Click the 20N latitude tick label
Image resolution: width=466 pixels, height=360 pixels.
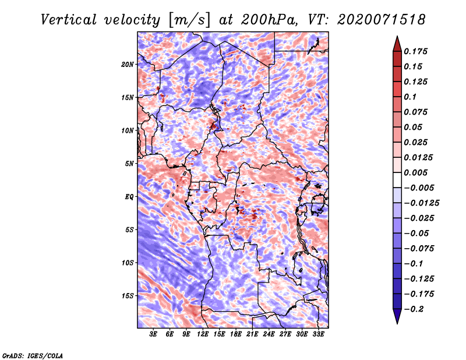[x=128, y=65]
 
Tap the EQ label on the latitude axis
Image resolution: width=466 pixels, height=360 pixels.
[x=129, y=197]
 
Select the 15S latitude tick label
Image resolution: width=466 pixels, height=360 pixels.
[x=128, y=296]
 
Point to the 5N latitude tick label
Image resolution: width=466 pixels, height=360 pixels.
[x=129, y=164]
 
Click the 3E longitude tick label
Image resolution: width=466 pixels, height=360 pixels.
[x=153, y=334]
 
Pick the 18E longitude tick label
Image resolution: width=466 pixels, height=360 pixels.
[x=236, y=334]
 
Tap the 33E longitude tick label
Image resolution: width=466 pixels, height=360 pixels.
[x=318, y=334]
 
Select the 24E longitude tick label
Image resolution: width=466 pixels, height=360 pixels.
[x=269, y=334]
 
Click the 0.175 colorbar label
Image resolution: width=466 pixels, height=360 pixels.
[x=416, y=51]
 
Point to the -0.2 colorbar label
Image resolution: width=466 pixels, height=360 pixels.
[x=414, y=309]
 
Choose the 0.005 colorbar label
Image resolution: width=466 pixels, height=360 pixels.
[x=416, y=172]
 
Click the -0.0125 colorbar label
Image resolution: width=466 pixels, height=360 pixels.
[x=422, y=203]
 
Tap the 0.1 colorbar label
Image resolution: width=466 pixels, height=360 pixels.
[x=410, y=97]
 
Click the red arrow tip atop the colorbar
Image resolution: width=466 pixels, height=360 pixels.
[x=397, y=37]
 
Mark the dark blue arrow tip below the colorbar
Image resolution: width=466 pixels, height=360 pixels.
[x=397, y=323]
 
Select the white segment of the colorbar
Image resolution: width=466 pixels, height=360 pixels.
[x=397, y=180]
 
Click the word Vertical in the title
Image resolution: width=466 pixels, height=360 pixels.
[x=69, y=20]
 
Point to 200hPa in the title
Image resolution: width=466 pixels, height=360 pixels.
[x=269, y=20]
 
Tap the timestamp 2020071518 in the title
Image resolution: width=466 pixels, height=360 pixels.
[x=382, y=20]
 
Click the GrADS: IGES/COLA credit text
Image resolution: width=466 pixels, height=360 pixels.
[x=33, y=355]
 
